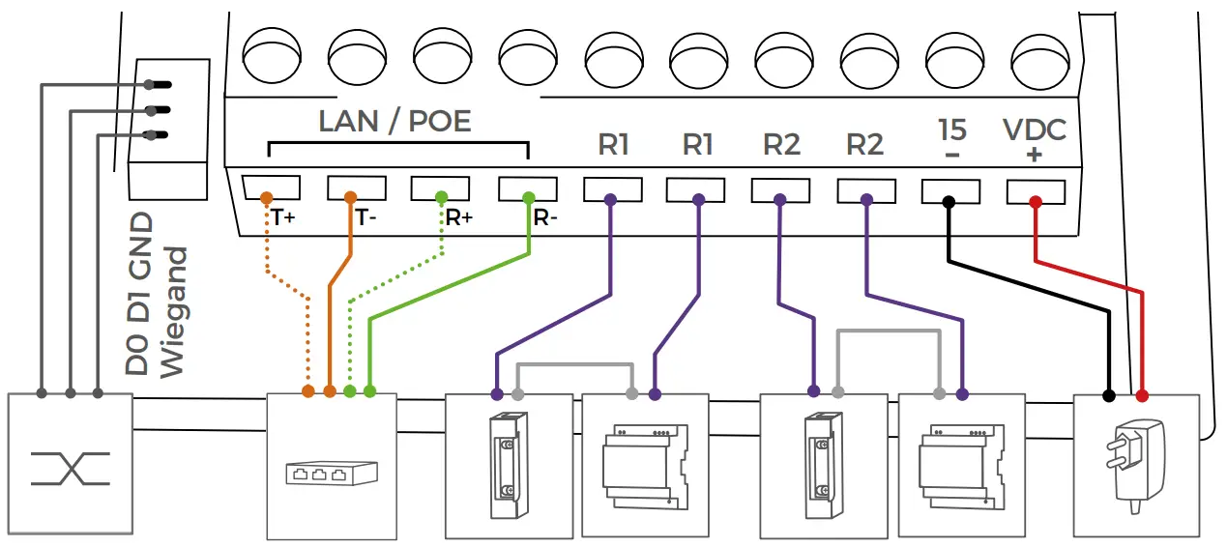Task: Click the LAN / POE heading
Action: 394,121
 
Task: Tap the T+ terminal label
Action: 282,217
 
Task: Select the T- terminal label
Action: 365,217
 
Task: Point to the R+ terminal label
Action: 458,217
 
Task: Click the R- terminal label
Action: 545,217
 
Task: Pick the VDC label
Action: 1034,130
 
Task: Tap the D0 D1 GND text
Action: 140,293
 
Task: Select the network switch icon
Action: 331,474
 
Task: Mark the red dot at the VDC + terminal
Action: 1035,202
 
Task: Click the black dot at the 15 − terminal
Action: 949,202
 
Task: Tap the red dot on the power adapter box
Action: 1142,396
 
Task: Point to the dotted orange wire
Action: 307,338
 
